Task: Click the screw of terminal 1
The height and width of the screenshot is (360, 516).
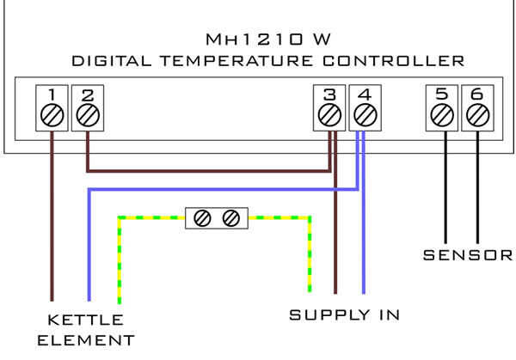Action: click(52, 115)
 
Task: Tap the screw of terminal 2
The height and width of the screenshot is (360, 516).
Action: click(88, 115)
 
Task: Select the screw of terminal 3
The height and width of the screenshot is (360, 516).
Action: click(329, 115)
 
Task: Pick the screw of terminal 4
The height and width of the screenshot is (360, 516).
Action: click(365, 115)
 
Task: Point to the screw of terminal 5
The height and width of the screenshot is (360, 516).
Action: click(442, 115)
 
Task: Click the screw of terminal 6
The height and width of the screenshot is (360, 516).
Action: click(478, 115)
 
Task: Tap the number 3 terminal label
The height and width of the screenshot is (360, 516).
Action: click(329, 95)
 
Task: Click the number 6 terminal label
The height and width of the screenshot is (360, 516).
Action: click(477, 95)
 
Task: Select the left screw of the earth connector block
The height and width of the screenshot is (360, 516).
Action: click(202, 218)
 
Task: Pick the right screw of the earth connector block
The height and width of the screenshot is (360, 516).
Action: click(231, 218)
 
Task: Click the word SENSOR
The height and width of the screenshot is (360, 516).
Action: click(468, 255)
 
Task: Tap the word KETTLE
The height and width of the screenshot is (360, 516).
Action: click(85, 320)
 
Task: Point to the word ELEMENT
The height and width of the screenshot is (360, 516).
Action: click(86, 340)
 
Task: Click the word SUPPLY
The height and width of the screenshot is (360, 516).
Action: click(329, 315)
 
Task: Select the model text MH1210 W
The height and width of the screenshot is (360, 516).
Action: click(267, 40)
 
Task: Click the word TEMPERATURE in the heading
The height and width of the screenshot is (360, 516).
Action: click(236, 61)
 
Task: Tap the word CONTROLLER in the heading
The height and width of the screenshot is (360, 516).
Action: click(393, 61)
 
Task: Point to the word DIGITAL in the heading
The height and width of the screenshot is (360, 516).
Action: click(112, 61)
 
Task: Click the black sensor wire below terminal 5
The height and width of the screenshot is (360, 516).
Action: click(445, 187)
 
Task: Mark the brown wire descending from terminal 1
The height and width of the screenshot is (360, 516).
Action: click(52, 216)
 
